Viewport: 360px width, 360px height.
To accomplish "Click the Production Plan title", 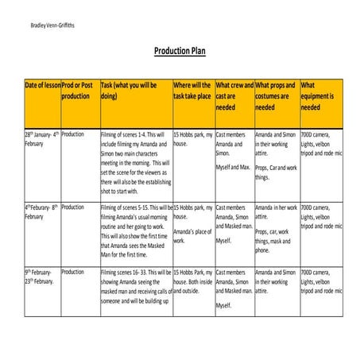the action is (x=180, y=51).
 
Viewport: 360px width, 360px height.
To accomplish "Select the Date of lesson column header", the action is (x=41, y=85).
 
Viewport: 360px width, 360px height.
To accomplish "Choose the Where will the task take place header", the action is (x=192, y=90).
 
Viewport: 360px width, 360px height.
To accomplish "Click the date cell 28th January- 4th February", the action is (x=41, y=139).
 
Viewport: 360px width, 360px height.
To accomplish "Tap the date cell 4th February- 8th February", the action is (x=41, y=211).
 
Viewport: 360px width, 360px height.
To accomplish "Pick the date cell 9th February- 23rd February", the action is (x=41, y=277).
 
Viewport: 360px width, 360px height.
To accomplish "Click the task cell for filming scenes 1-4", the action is (x=135, y=162).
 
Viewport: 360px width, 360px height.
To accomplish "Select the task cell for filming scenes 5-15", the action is (x=135, y=230).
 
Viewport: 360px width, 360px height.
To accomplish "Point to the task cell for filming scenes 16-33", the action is (x=135, y=286).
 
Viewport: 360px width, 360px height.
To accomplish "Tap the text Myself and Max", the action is (x=233, y=168).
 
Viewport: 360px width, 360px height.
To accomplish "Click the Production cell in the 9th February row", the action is (x=72, y=272).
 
